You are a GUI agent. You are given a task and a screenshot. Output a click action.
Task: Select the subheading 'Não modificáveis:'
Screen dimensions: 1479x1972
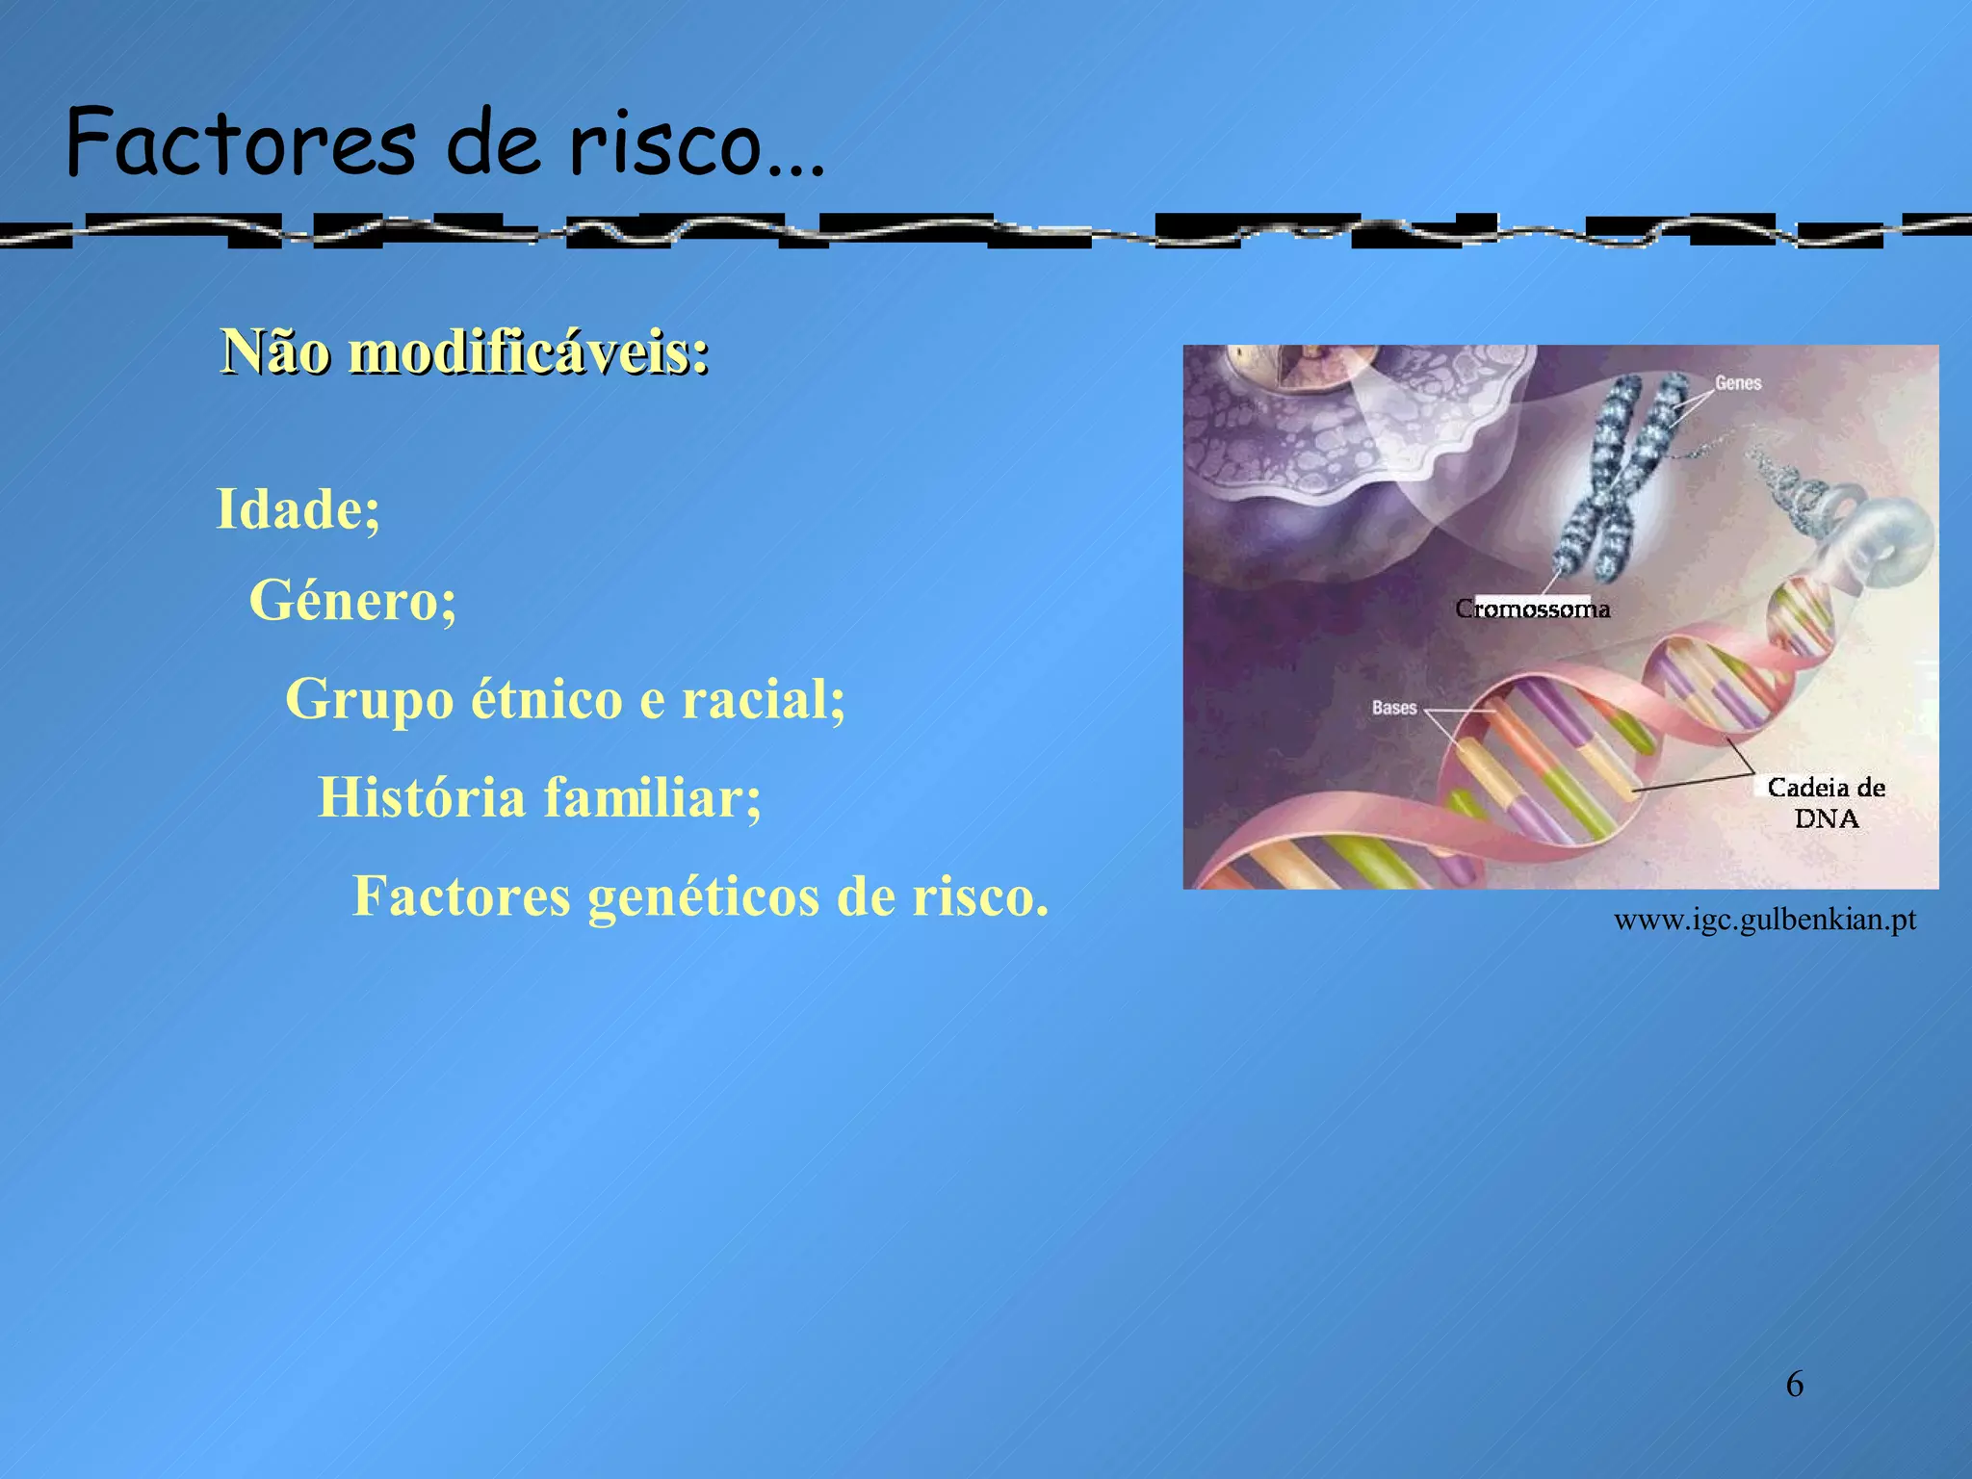pyautogui.click(x=465, y=351)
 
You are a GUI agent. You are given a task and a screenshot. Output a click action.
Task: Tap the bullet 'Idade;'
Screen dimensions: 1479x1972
pyautogui.click(x=298, y=508)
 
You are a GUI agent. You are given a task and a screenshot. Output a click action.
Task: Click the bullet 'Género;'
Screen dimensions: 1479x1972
pyautogui.click(x=352, y=601)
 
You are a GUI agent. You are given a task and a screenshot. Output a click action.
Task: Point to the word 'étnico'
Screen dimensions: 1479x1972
pyautogui.click(x=546, y=698)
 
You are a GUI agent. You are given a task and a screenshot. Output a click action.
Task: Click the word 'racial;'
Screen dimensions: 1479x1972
pyautogui.click(x=763, y=698)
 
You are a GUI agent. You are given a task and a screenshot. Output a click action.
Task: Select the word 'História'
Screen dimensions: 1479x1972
pyautogui.click(x=422, y=797)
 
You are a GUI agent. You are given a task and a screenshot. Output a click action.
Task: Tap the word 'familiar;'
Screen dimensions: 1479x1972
pyautogui.click(x=652, y=797)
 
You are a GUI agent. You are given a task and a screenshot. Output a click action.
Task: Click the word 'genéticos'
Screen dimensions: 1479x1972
pyautogui.click(x=702, y=896)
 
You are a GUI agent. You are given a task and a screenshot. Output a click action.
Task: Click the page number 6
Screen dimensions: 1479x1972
pyautogui.click(x=1794, y=1385)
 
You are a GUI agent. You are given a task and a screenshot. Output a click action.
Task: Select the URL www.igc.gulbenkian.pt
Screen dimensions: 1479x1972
pyautogui.click(x=1764, y=920)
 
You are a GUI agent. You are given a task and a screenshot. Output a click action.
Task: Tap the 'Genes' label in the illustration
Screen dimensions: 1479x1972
pyautogui.click(x=1737, y=383)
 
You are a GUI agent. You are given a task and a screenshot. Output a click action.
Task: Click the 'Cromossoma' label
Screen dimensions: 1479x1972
pyautogui.click(x=1532, y=609)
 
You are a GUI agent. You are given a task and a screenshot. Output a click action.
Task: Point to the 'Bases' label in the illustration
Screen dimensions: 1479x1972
pyautogui.click(x=1393, y=708)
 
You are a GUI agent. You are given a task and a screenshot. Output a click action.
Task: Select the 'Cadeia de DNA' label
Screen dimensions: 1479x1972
pyautogui.click(x=1826, y=803)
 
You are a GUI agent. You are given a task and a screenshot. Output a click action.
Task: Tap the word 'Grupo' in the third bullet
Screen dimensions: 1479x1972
pyautogui.click(x=369, y=698)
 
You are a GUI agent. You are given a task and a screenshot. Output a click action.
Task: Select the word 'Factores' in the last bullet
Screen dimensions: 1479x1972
pyautogui.click(x=461, y=896)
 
